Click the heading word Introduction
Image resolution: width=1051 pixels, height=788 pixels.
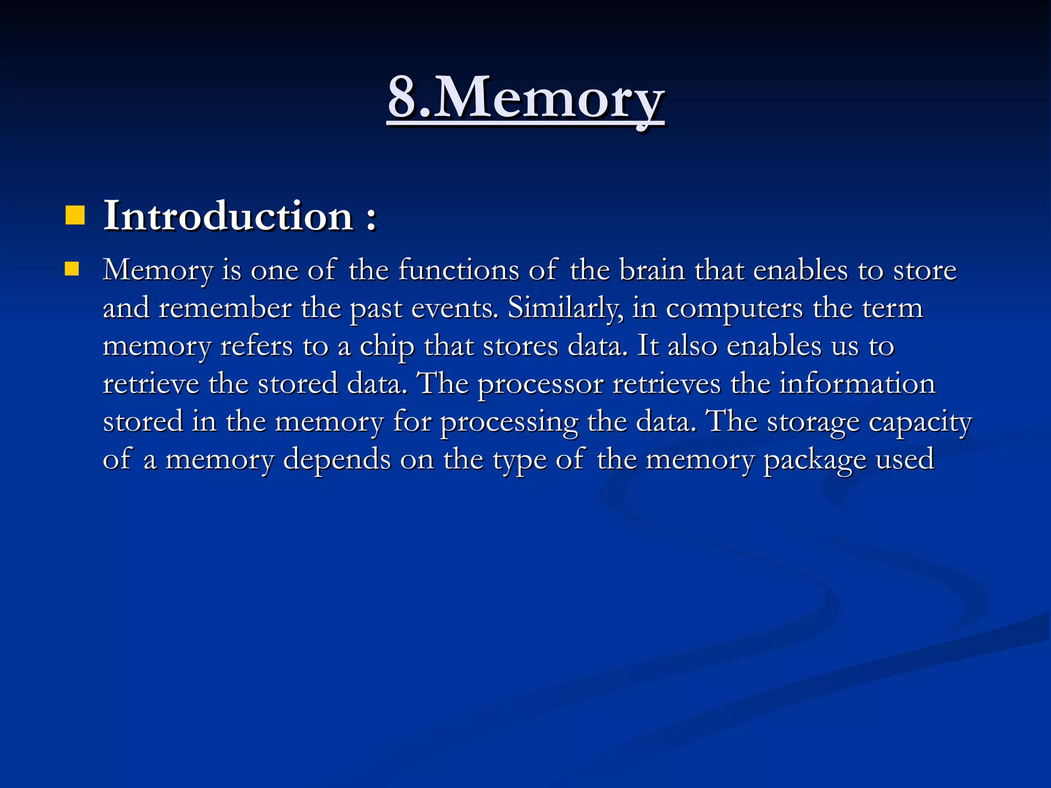pos(228,216)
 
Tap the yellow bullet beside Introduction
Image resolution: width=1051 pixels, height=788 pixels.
pos(75,215)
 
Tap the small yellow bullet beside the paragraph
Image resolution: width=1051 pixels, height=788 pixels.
pos(72,269)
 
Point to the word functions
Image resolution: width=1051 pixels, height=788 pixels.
pos(458,270)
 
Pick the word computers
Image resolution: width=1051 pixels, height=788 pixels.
pos(734,308)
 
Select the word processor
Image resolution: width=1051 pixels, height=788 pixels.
pos(540,385)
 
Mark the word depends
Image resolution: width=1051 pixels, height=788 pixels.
pos(337,459)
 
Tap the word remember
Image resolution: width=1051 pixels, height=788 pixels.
pos(225,308)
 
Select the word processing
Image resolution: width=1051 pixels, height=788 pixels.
pos(509,423)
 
